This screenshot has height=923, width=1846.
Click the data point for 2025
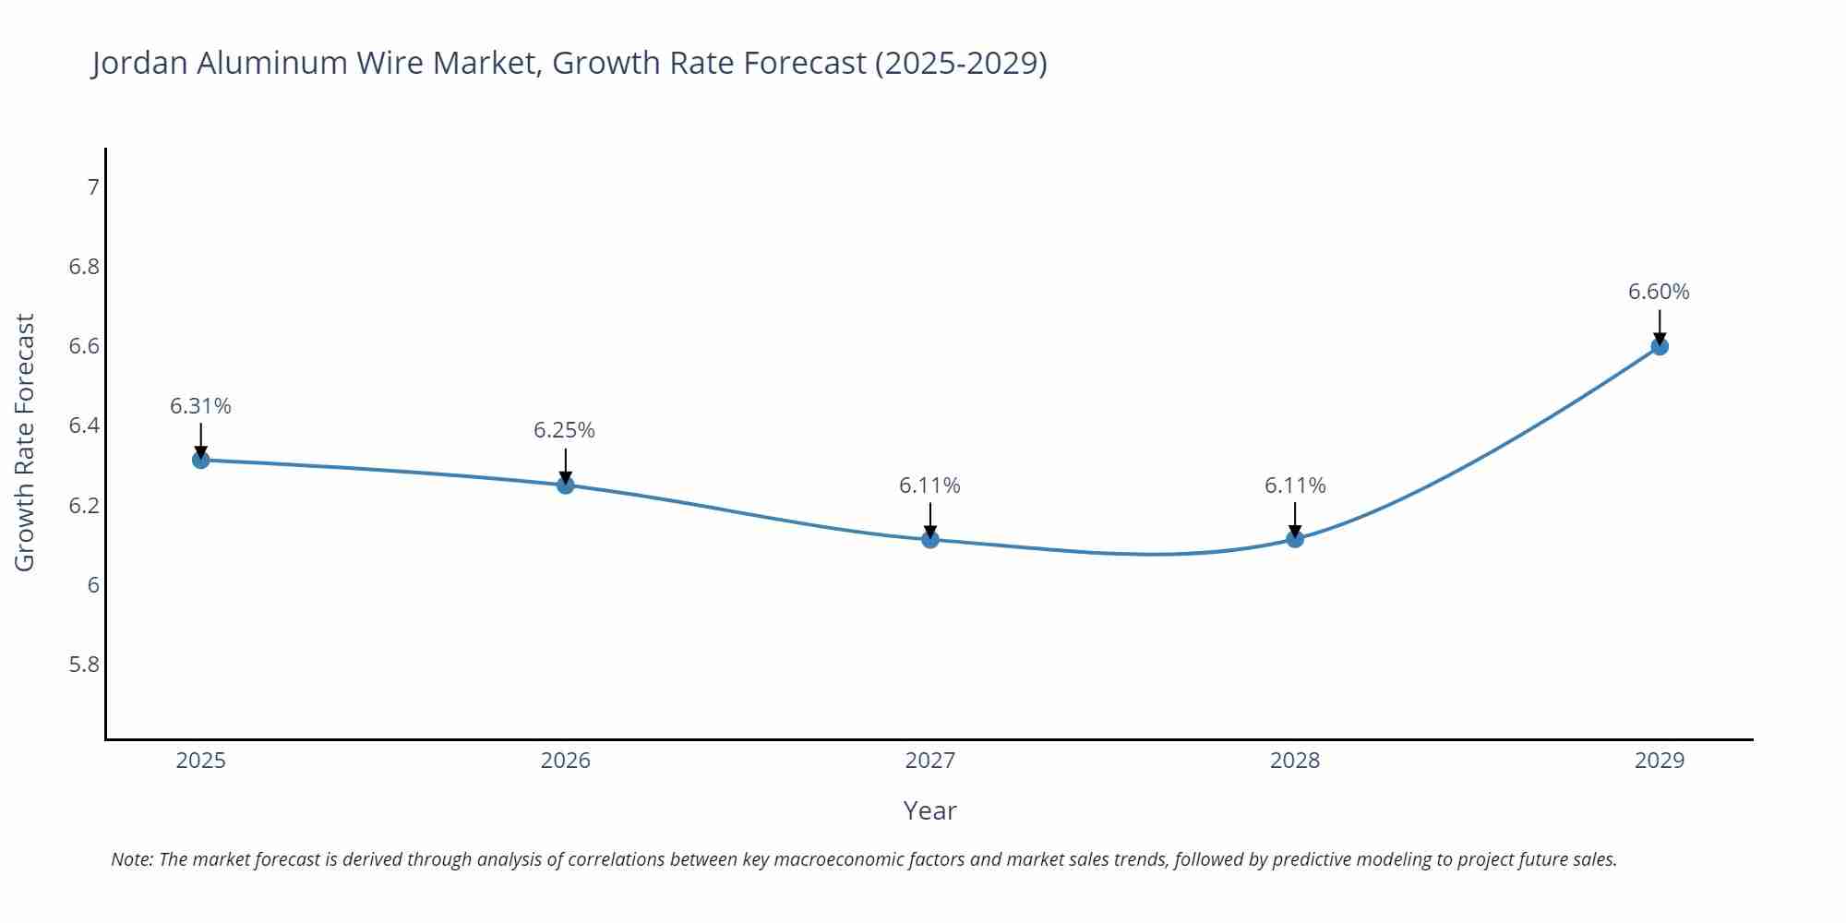(x=200, y=460)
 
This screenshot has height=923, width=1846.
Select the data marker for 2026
(x=566, y=485)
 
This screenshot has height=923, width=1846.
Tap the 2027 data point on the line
(x=930, y=539)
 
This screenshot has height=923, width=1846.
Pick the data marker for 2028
(x=1295, y=539)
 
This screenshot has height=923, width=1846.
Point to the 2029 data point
(x=1660, y=346)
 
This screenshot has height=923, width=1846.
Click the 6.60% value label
(x=1659, y=292)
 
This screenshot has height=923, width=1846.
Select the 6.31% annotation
(x=200, y=406)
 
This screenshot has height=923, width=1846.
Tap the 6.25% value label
(x=564, y=430)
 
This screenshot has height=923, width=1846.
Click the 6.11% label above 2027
(x=929, y=485)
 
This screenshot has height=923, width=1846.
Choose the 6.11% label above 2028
(x=1295, y=485)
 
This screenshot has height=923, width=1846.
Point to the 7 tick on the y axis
(x=92, y=187)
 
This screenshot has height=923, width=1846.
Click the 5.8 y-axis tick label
(x=84, y=665)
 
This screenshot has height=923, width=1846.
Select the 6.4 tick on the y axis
(x=84, y=426)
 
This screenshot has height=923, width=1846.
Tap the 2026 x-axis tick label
(x=566, y=761)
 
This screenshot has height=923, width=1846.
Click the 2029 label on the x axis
(x=1660, y=761)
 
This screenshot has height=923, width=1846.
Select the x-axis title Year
(x=929, y=810)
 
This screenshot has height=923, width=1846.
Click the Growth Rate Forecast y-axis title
(x=25, y=443)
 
